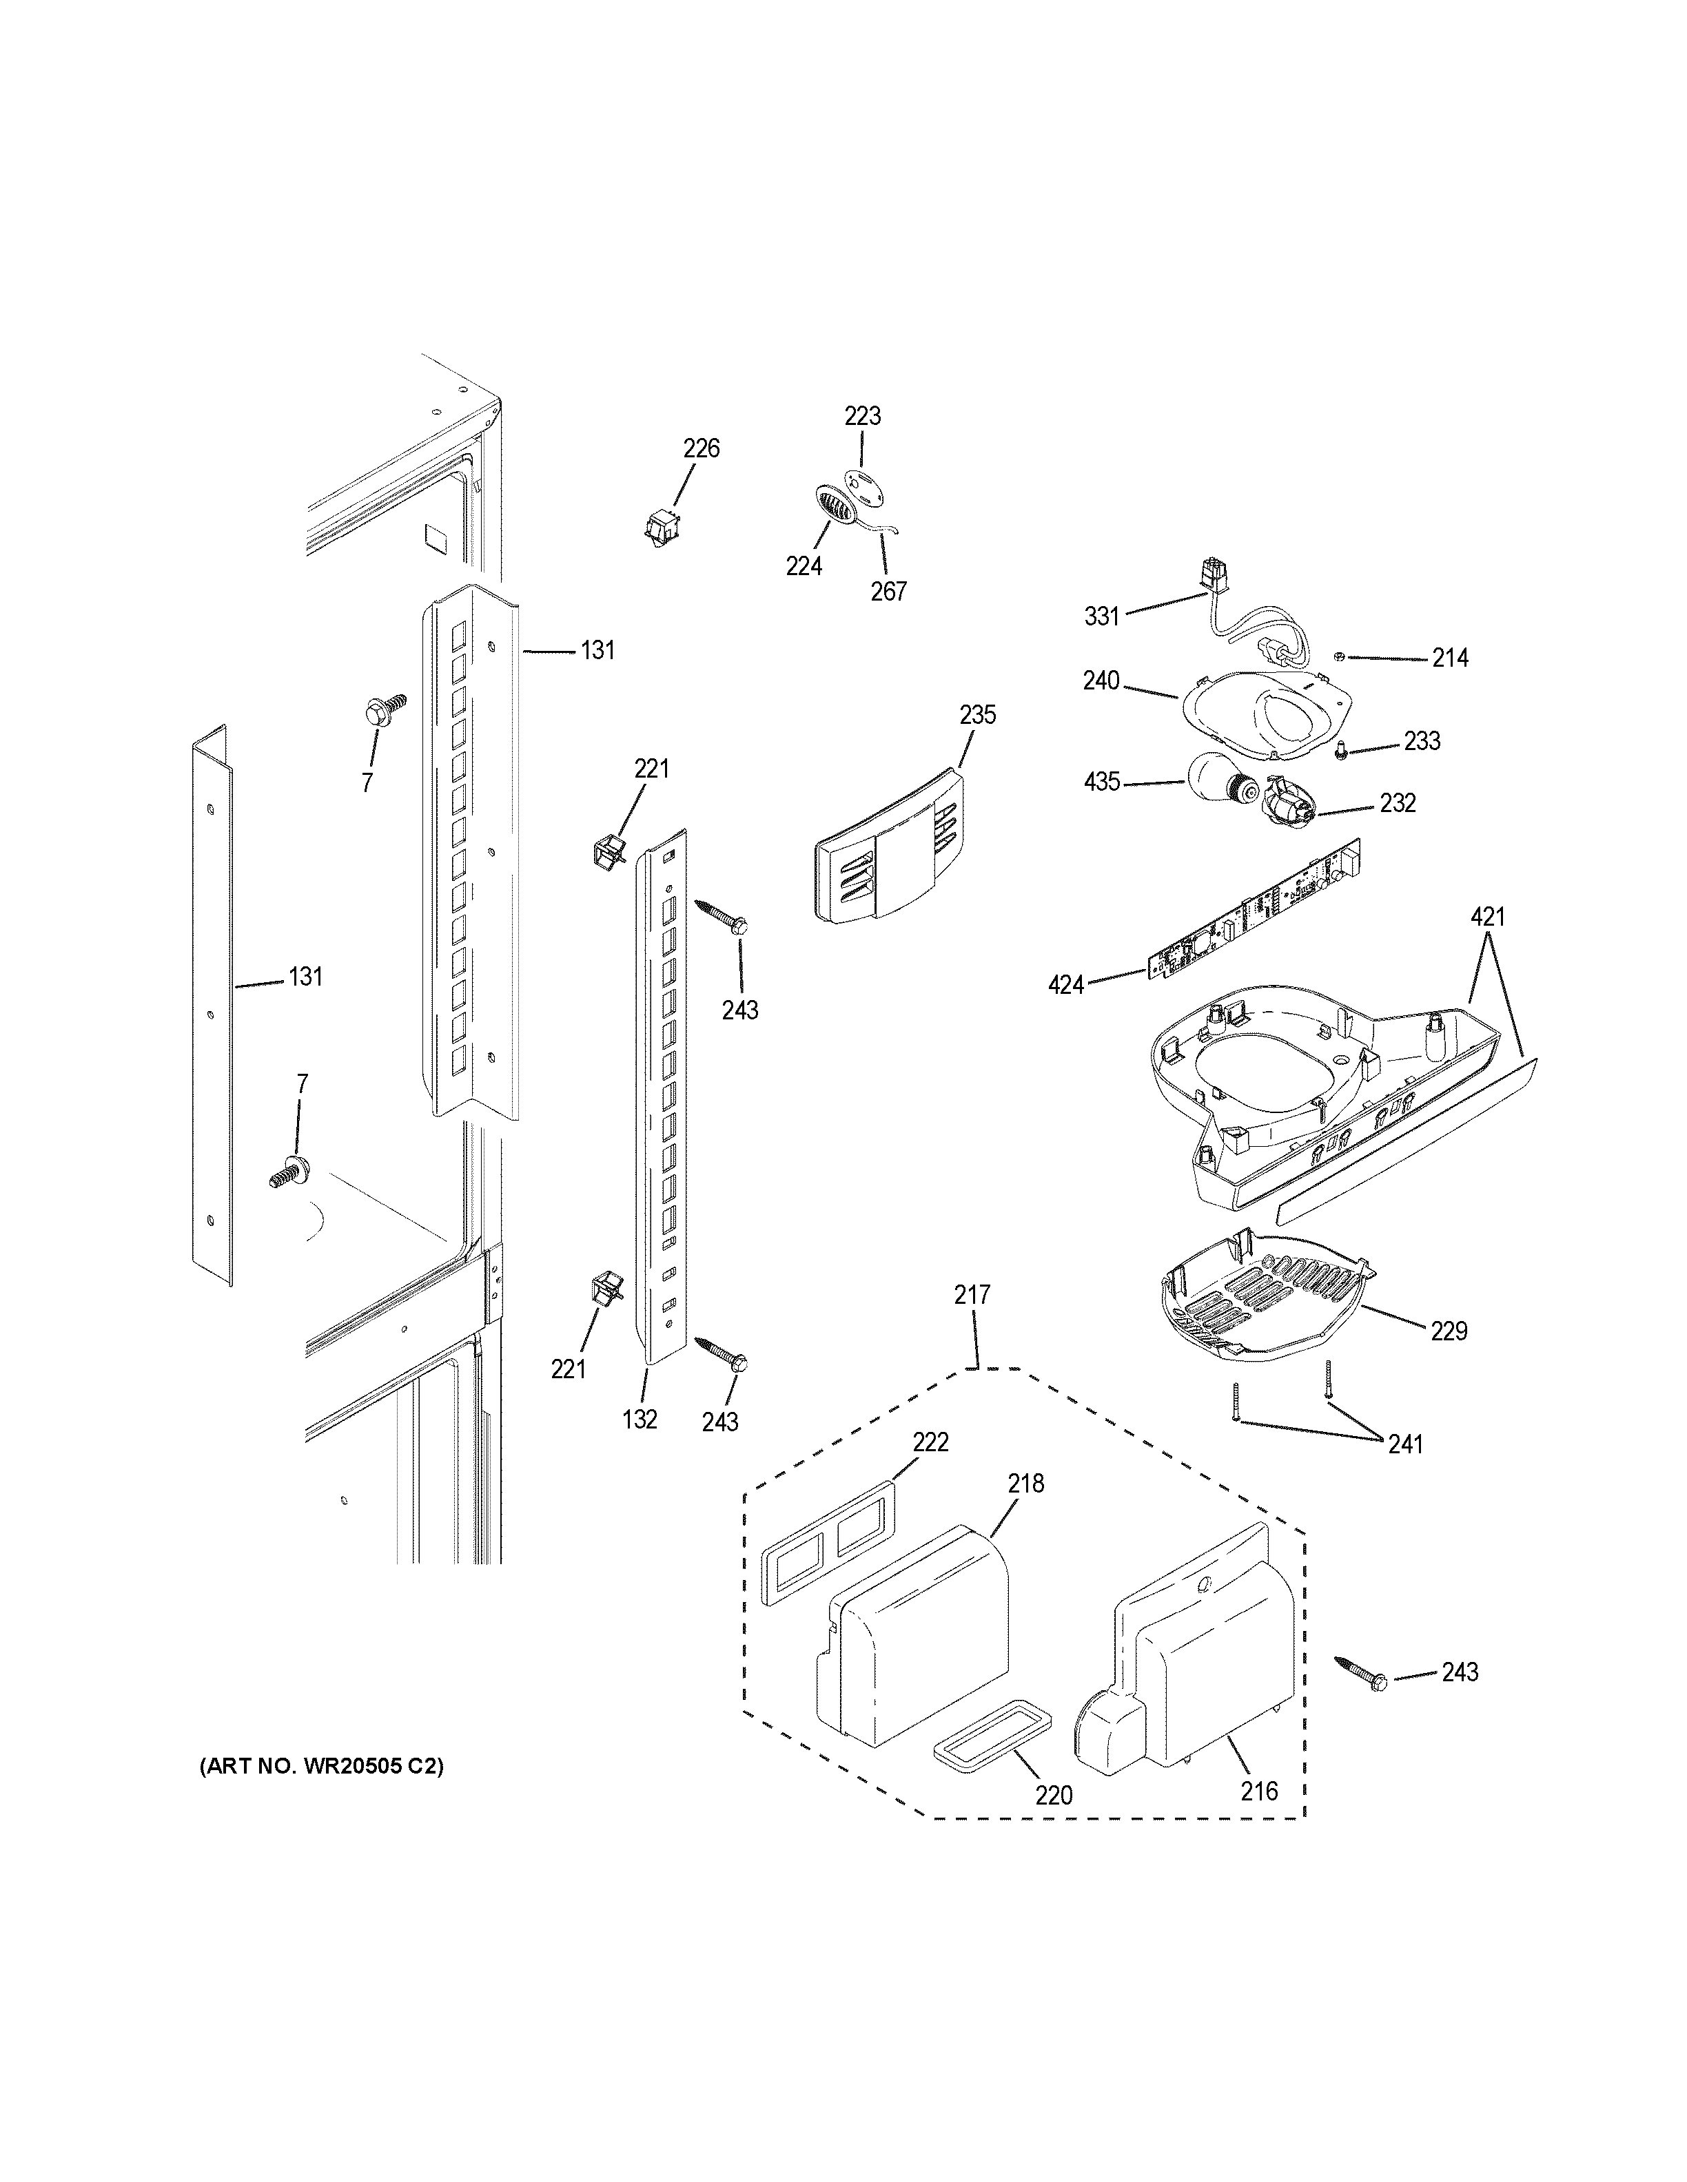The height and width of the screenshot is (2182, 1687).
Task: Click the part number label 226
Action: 701,448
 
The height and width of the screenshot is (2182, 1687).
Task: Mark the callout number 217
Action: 972,1295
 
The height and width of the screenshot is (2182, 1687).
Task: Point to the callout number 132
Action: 640,1419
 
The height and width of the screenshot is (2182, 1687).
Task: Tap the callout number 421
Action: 1487,916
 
